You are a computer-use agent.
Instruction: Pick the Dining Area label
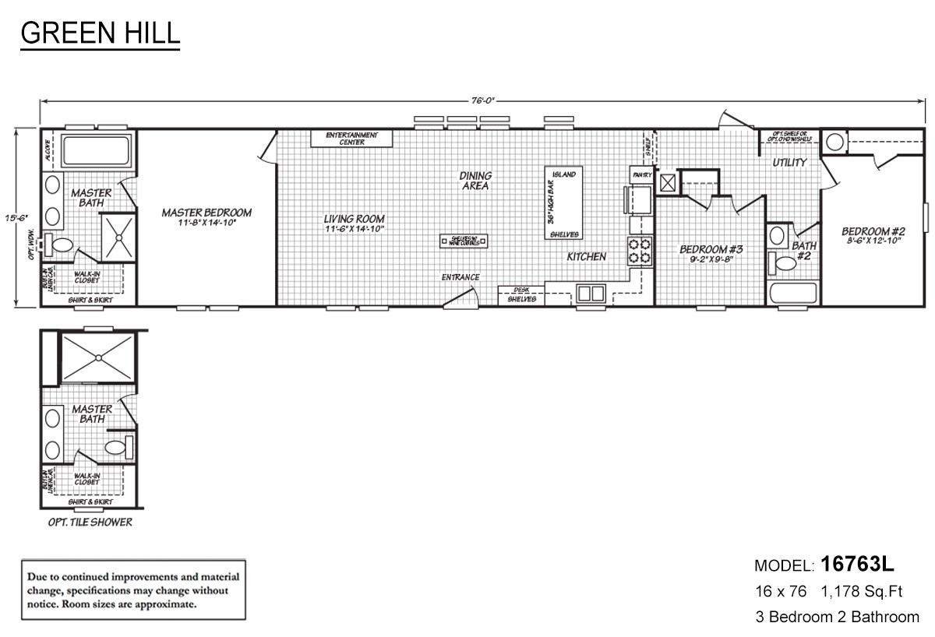tap(475, 181)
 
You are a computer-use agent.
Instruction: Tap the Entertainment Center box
tap(351, 139)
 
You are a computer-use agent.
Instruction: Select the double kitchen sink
tap(590, 294)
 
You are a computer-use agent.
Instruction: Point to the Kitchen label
tap(586, 256)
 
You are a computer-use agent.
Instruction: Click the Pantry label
tap(642, 174)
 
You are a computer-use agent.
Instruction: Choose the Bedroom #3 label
tap(711, 249)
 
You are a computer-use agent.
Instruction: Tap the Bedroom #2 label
tap(873, 231)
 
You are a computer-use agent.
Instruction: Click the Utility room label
tap(789, 163)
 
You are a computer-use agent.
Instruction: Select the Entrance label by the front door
tap(460, 277)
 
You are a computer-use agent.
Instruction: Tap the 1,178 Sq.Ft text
tap(862, 592)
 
